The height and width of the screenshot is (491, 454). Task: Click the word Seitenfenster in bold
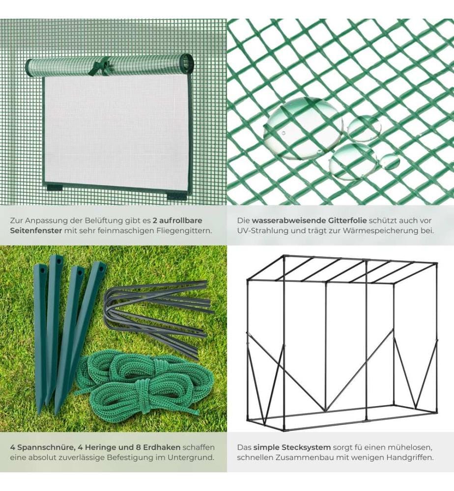coord(36,231)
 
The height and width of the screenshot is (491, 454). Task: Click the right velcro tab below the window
coord(176,196)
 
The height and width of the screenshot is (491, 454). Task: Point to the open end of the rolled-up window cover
coord(187,62)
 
